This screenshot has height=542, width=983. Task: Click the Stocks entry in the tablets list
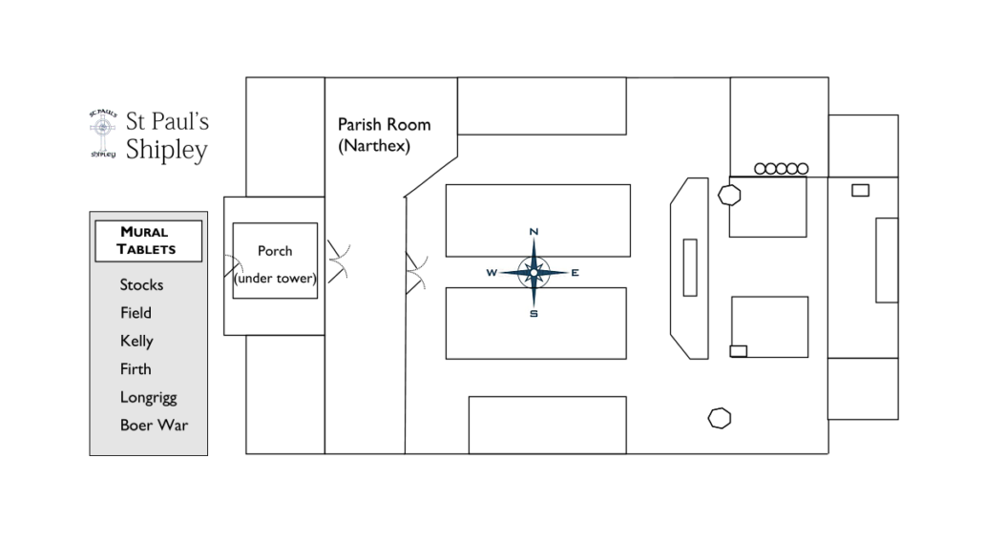pos(141,284)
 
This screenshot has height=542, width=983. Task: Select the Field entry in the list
pos(136,312)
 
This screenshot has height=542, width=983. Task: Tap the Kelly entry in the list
pos(136,341)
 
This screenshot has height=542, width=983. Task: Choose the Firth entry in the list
pos(136,368)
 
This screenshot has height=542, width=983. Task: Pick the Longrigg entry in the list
pos(148,397)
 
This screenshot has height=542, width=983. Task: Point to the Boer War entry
pos(154,425)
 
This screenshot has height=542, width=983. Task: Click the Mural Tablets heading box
pos(148,240)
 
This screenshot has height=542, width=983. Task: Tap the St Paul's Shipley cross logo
pos(102,135)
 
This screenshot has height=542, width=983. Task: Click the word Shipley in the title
pos(167,150)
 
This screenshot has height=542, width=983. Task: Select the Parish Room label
pos(384,124)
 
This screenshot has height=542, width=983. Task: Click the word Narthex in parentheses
pos(374,146)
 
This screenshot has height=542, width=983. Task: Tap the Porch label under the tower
pos(275,251)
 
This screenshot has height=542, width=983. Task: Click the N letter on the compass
pos(533,232)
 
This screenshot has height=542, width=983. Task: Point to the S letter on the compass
pos(533,314)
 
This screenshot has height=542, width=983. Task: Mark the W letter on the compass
pos(491,273)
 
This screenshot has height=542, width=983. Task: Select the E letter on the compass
pos(575,273)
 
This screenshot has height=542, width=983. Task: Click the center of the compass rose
pos(533,273)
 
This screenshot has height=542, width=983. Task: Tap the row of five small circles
pos(782,169)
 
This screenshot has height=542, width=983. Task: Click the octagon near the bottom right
pos(720,417)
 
